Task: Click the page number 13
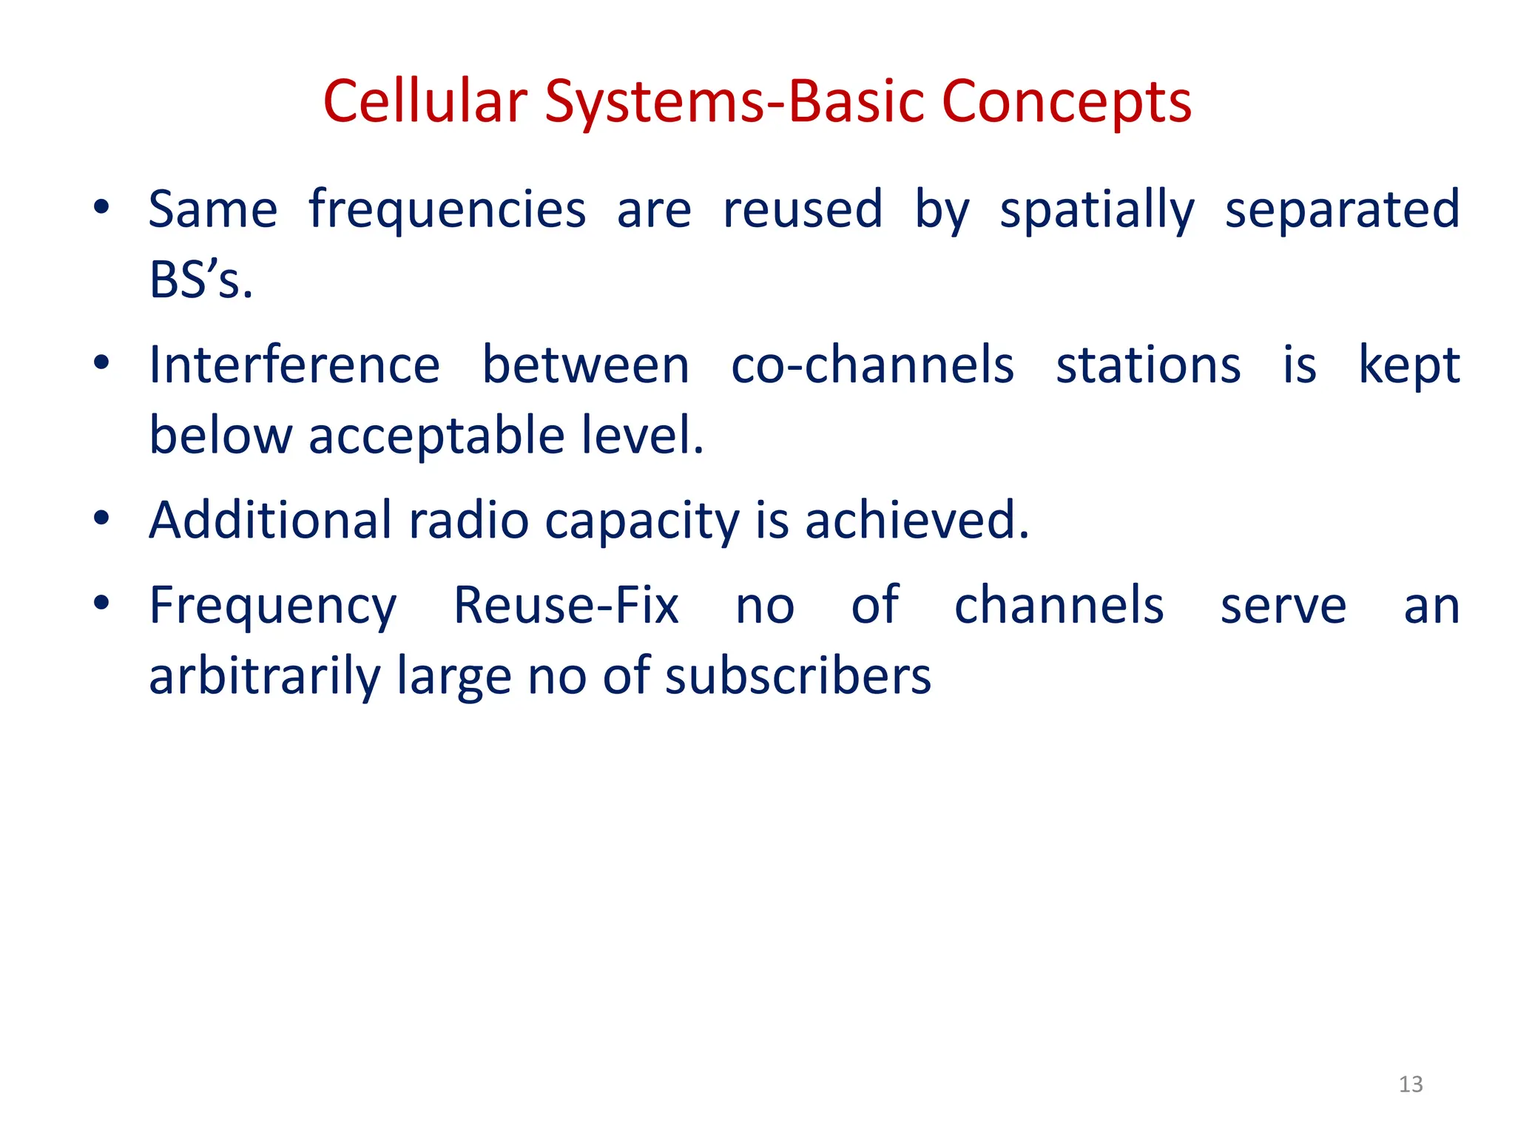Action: tap(1411, 1084)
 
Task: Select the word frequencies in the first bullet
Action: tap(448, 210)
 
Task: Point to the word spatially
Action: tap(1097, 212)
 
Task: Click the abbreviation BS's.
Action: tap(200, 281)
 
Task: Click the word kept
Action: tap(1409, 367)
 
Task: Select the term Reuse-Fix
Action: tap(566, 606)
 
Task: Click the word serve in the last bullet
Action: tap(1283, 607)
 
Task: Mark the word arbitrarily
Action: tap(264, 677)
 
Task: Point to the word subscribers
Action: tap(798, 677)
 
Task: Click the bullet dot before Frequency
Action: tap(101, 602)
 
